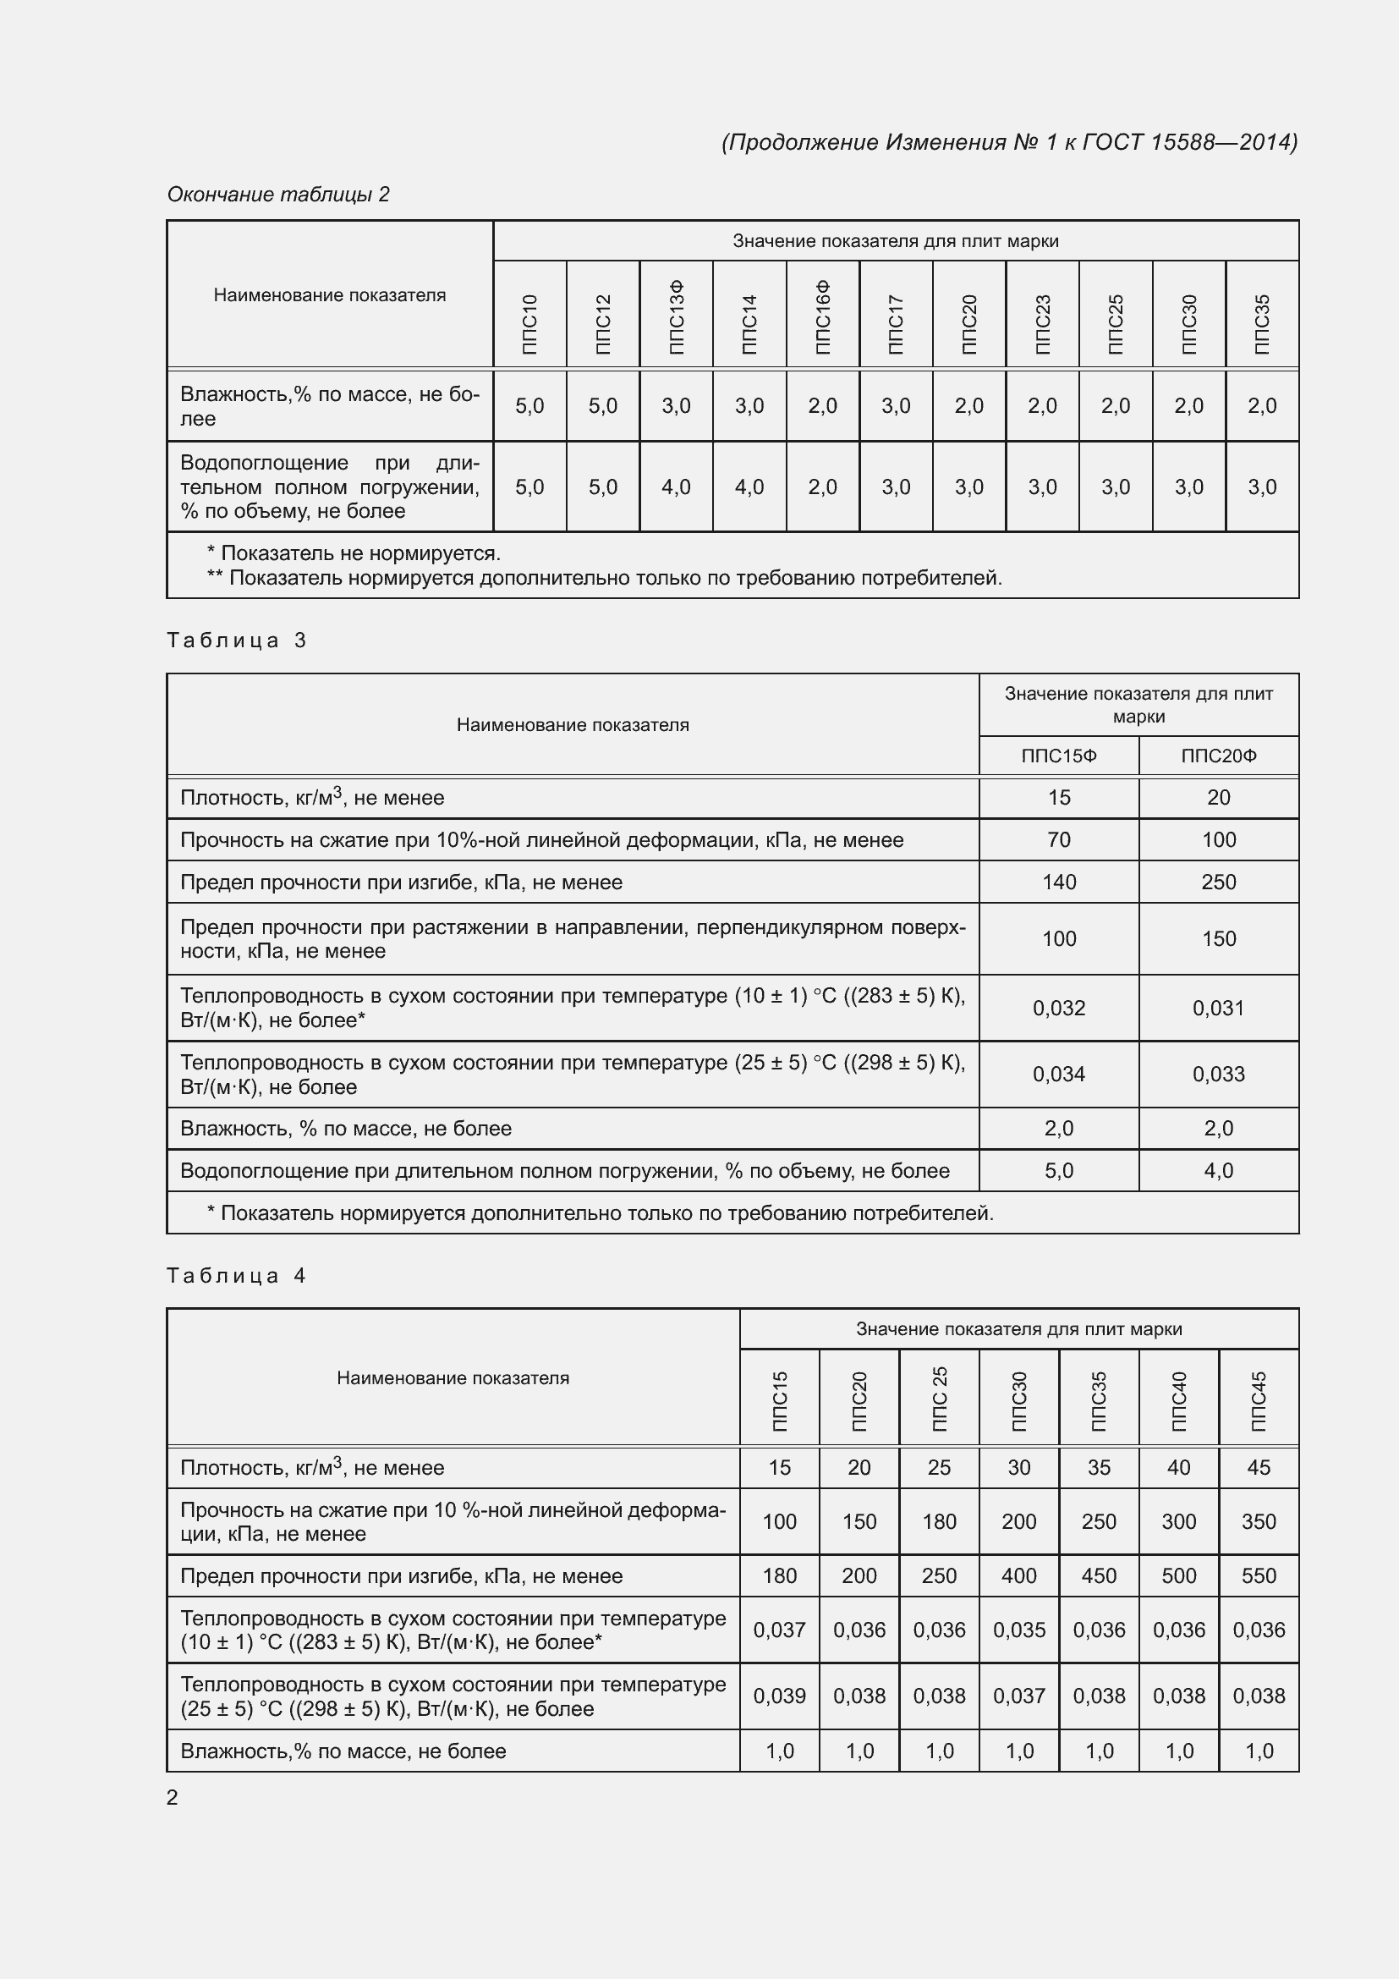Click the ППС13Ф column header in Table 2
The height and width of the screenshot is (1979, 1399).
click(677, 316)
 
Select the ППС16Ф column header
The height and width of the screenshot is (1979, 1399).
click(823, 316)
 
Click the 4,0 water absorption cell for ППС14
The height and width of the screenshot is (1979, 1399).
click(749, 487)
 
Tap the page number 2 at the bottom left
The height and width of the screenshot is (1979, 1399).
click(173, 1797)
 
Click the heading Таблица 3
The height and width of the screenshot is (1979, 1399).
click(237, 640)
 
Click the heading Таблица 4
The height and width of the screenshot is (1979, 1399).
click(237, 1276)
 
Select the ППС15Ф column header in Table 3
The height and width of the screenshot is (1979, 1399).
click(1059, 756)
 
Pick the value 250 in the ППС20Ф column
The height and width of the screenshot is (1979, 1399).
click(1218, 882)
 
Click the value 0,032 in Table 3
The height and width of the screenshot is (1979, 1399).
click(1059, 1008)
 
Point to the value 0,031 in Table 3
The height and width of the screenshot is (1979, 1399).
click(1218, 1008)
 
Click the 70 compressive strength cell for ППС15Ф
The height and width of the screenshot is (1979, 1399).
click(1059, 839)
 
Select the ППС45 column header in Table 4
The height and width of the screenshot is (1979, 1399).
click(1259, 1401)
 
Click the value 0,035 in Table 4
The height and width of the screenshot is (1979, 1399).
click(1019, 1630)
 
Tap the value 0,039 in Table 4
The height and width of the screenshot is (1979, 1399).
click(779, 1696)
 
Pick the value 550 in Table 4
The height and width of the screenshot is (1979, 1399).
click(1259, 1575)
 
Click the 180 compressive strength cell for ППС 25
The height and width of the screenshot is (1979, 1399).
click(939, 1521)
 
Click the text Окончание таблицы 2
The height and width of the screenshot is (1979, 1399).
click(278, 195)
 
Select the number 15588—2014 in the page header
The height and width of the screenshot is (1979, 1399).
click(1223, 142)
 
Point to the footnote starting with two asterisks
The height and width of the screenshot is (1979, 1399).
click(604, 578)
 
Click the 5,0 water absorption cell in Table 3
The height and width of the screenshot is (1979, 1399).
click(1059, 1170)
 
